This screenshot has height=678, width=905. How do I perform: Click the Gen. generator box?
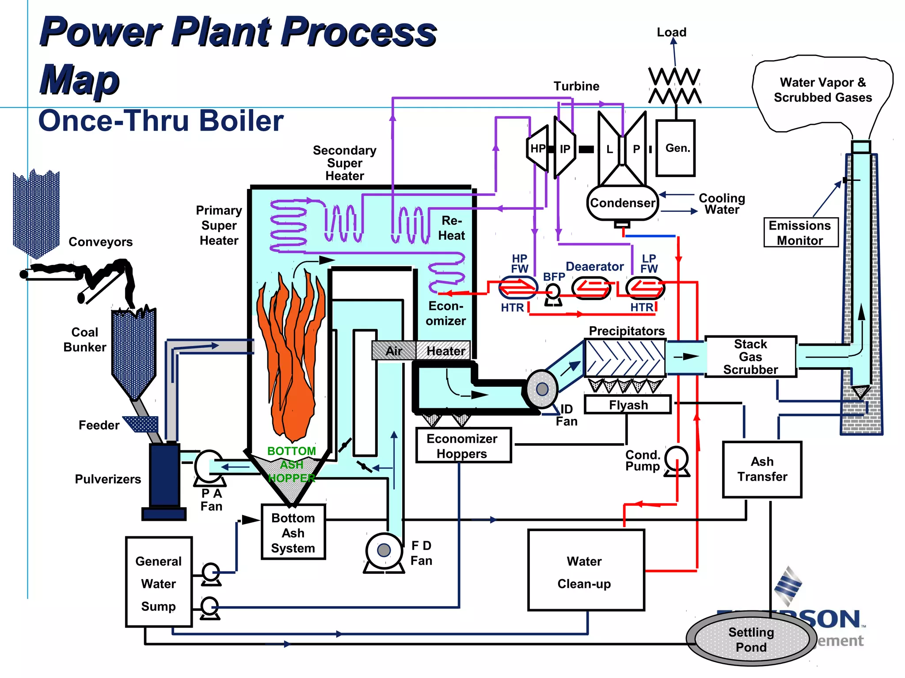[675, 148]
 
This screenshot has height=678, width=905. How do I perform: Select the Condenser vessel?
[622, 203]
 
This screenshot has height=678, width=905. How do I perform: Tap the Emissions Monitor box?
[800, 233]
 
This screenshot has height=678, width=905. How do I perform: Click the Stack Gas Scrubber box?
[750, 357]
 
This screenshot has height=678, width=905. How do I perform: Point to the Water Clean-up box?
[586, 570]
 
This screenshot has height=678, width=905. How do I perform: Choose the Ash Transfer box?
[762, 469]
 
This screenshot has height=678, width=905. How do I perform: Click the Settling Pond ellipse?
[751, 639]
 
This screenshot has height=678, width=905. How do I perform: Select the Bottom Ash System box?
[293, 532]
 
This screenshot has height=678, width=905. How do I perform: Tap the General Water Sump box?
[159, 582]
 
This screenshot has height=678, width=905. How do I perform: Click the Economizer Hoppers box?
[463, 446]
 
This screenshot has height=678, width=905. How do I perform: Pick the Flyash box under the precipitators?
[628, 405]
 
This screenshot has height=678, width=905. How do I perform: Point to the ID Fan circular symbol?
[542, 389]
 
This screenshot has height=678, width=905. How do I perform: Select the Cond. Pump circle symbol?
[677, 458]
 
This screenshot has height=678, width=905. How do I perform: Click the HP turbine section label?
[538, 149]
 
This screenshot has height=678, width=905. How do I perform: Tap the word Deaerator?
[594, 267]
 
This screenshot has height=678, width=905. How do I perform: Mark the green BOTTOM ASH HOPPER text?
[292, 464]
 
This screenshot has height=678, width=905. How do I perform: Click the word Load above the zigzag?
[671, 32]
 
